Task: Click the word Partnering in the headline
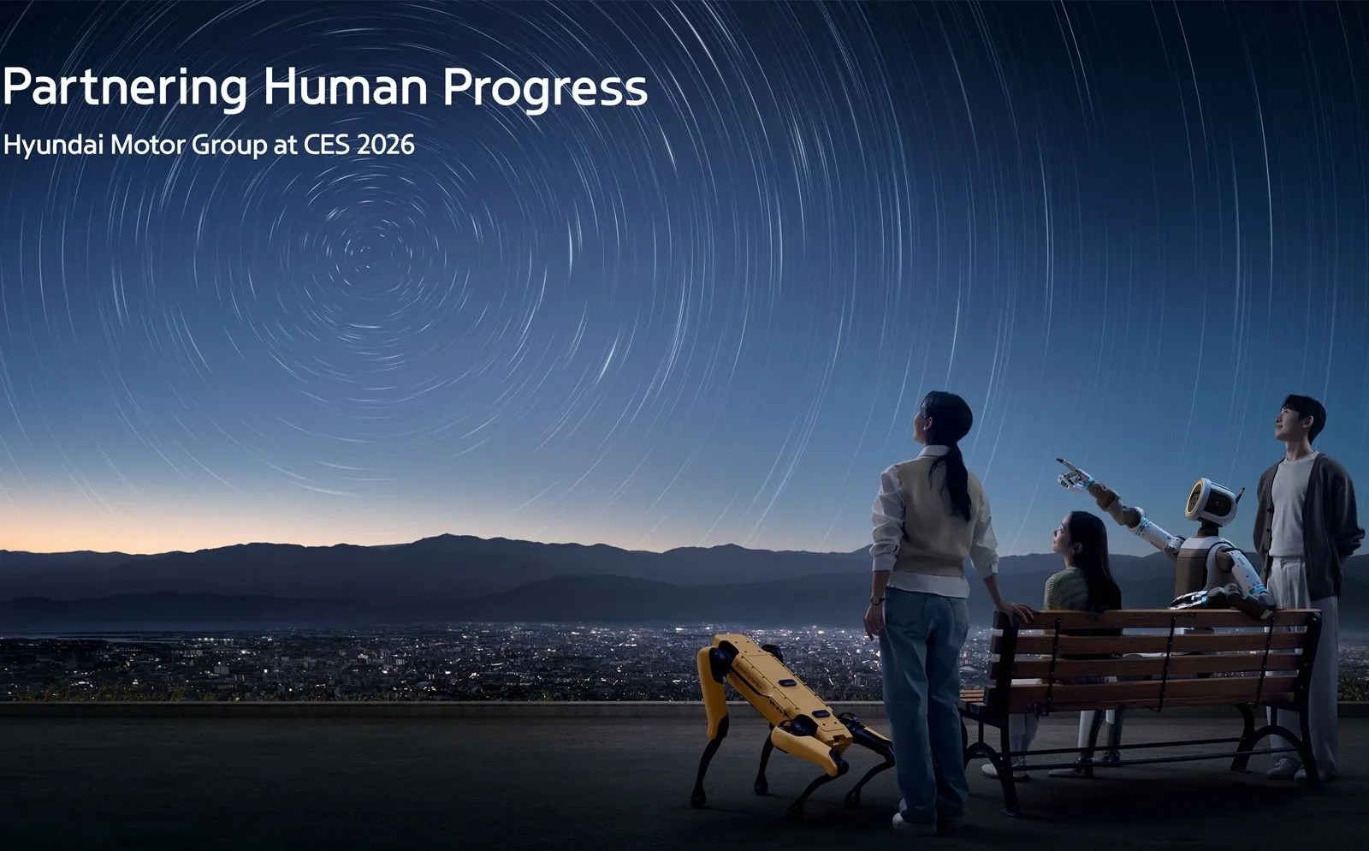point(124,88)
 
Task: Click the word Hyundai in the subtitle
point(53,146)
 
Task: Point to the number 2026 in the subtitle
point(385,144)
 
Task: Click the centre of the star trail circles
point(370,249)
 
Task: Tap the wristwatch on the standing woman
point(877,600)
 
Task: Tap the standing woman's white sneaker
point(912,823)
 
